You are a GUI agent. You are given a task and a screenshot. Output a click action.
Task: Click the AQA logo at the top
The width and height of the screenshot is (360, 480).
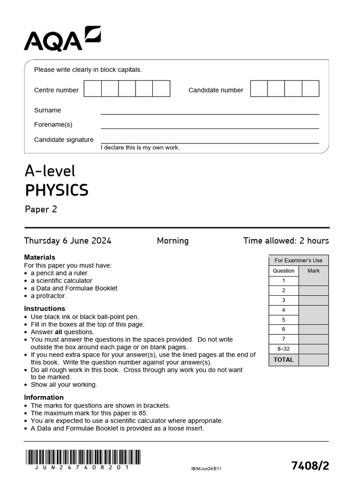[62, 39]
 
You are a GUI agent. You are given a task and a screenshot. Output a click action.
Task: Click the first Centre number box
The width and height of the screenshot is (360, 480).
[92, 89]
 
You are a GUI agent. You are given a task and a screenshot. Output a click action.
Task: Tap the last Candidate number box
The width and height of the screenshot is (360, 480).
[310, 89]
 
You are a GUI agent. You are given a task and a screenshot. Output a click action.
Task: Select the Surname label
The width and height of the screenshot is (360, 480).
[47, 110]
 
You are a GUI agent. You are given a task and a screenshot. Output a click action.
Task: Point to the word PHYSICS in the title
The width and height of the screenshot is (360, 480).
[56, 190]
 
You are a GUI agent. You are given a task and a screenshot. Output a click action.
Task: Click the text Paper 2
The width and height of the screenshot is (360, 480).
[41, 209]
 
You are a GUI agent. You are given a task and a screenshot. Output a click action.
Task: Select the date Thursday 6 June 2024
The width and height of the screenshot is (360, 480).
[67, 241]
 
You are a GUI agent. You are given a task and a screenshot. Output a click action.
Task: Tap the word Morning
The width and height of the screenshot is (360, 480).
[172, 241]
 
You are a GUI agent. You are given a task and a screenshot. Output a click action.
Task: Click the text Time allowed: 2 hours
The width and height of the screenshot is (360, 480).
[286, 241]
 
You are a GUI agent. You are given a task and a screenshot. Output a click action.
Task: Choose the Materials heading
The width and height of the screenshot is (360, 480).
[39, 257]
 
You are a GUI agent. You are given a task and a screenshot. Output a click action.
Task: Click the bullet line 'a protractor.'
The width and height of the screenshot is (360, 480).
[48, 296]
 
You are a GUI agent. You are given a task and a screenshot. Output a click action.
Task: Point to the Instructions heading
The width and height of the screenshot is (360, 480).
[45, 308]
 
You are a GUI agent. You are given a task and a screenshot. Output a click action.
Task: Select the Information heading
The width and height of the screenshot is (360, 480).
[44, 397]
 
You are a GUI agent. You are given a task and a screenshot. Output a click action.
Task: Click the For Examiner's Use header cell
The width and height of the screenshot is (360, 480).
[299, 261]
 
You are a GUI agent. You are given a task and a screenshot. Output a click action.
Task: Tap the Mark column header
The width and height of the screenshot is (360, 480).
[313, 271]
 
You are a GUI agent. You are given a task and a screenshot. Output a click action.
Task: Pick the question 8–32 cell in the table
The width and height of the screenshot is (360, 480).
[284, 349]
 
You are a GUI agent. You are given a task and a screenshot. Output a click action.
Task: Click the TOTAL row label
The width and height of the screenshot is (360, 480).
[284, 360]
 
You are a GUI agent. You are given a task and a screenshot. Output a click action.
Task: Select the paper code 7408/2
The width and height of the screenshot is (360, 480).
[310, 465]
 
